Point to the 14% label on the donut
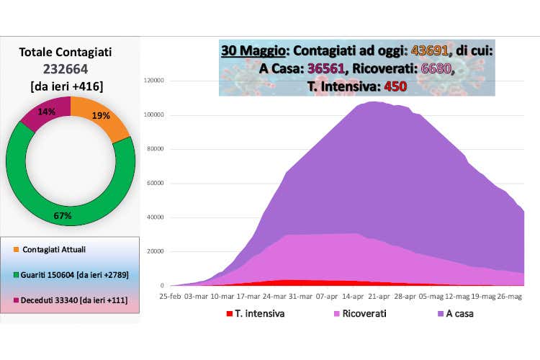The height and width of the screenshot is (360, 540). point(46,112)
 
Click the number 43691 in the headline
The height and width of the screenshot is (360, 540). point(431,52)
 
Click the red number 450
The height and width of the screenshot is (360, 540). point(395,86)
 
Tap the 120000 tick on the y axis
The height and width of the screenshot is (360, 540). point(155,81)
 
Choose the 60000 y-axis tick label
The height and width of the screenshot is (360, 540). point(156,183)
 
